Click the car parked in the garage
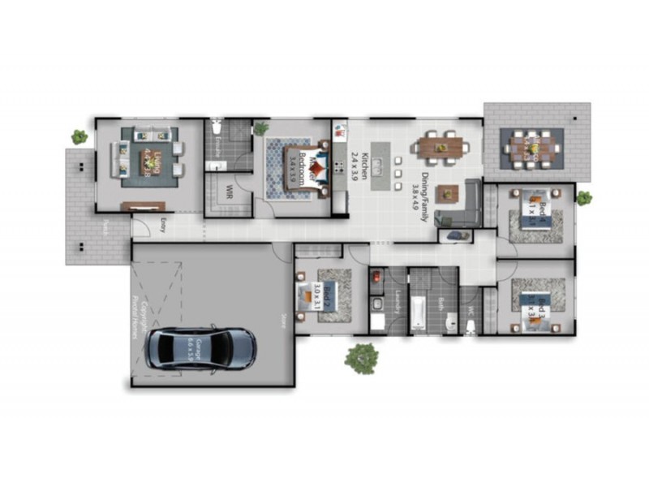(201, 348)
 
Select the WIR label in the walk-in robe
(230, 193)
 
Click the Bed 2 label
(326, 295)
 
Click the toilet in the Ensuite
(215, 129)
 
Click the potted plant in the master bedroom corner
(260, 128)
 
